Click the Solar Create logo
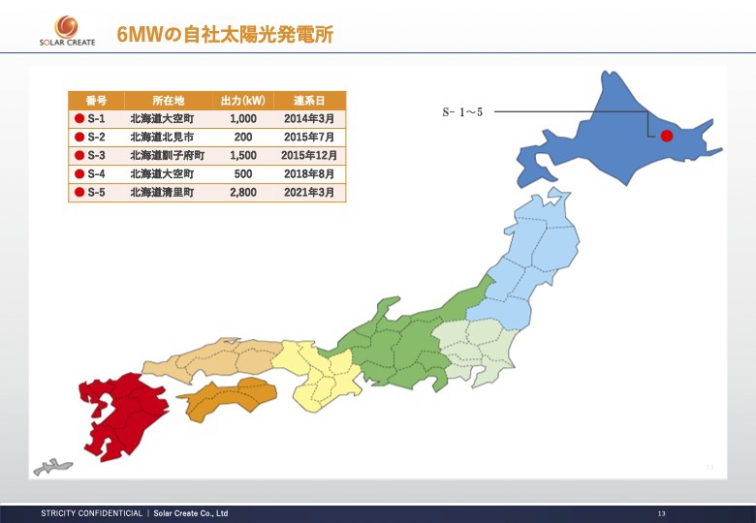tap(67, 29)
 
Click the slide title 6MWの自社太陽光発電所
tap(225, 35)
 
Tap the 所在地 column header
tap(167, 101)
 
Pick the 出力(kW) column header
tap(242, 101)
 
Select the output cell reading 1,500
tap(243, 156)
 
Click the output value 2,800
tap(243, 193)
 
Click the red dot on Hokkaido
tap(667, 137)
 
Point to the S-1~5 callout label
tap(462, 112)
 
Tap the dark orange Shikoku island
tap(229, 398)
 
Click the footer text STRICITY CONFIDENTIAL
tap(91, 512)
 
